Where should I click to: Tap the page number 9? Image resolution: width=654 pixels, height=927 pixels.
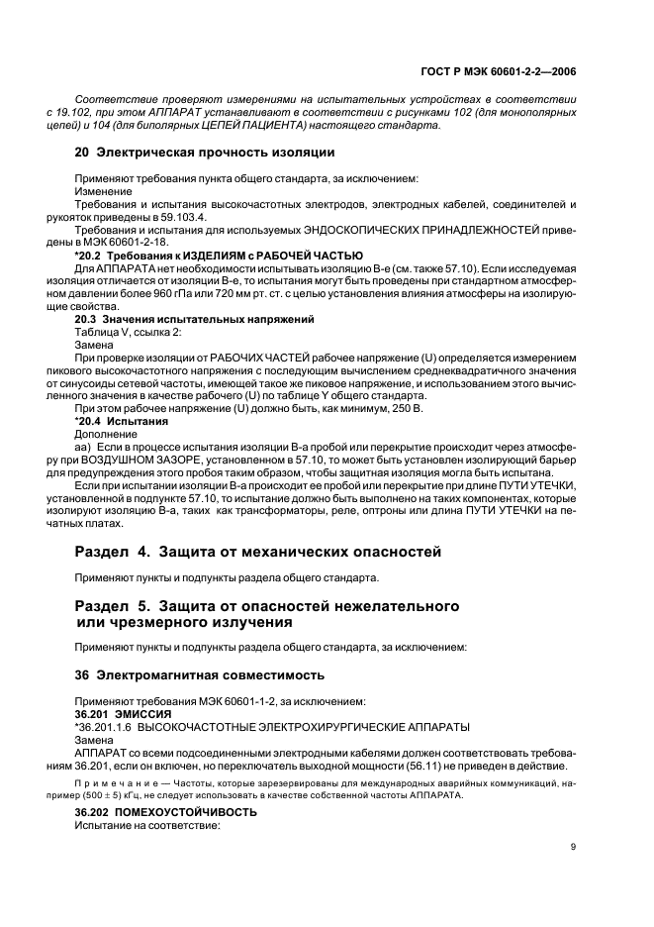click(573, 846)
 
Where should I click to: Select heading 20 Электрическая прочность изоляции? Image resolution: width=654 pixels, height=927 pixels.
click(205, 153)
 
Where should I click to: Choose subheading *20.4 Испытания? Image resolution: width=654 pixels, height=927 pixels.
click(122, 421)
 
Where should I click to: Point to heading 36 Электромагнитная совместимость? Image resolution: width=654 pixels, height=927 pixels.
click(200, 675)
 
